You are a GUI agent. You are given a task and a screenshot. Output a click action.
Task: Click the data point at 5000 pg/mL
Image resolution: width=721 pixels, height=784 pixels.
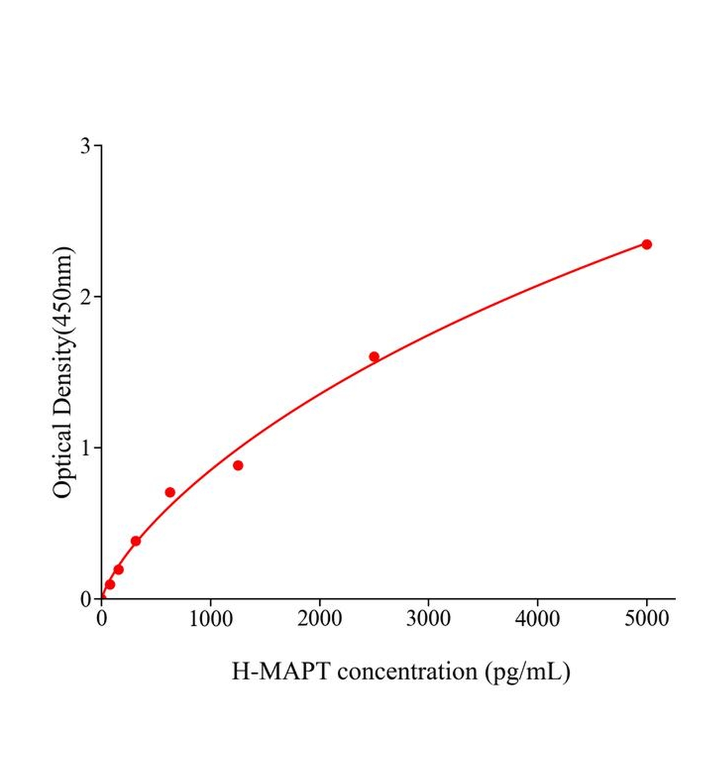coord(647,244)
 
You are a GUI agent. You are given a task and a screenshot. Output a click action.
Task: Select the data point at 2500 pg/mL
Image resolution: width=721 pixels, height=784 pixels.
coord(374,357)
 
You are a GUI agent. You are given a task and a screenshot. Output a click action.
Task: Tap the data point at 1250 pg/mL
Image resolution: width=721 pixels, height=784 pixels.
coord(238,465)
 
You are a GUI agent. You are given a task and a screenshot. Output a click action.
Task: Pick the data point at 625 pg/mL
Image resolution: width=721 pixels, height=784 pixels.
coord(170,492)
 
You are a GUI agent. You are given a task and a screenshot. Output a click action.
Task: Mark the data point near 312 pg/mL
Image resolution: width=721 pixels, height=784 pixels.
coord(136,541)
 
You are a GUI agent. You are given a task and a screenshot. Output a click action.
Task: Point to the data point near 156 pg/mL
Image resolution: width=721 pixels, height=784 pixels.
coord(118,570)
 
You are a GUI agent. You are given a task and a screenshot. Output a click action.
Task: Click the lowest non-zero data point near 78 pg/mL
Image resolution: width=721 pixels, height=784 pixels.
coord(110,584)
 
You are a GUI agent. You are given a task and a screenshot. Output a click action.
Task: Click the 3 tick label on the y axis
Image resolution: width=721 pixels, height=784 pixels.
coord(86,146)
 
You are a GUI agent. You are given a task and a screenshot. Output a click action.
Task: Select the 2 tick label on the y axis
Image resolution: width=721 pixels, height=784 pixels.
coord(86,297)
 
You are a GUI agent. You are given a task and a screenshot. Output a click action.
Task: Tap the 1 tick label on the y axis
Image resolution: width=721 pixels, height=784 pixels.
coord(86,448)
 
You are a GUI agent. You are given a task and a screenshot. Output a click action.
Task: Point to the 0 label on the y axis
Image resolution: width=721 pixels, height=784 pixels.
coord(86,599)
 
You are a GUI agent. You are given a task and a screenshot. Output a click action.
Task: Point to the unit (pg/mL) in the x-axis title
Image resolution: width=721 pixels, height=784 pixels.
coord(528,672)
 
